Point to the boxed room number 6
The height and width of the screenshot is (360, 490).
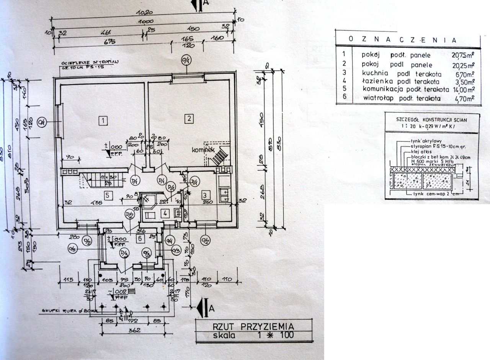(140, 239)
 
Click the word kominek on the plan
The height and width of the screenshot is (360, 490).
(203, 151)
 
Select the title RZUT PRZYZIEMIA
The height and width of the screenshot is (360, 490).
(253, 327)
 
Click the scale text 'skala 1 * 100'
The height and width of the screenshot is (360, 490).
(253, 336)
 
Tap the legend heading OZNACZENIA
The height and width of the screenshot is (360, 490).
(402, 39)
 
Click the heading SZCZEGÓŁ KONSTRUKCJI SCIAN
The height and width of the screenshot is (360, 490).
(431, 119)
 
